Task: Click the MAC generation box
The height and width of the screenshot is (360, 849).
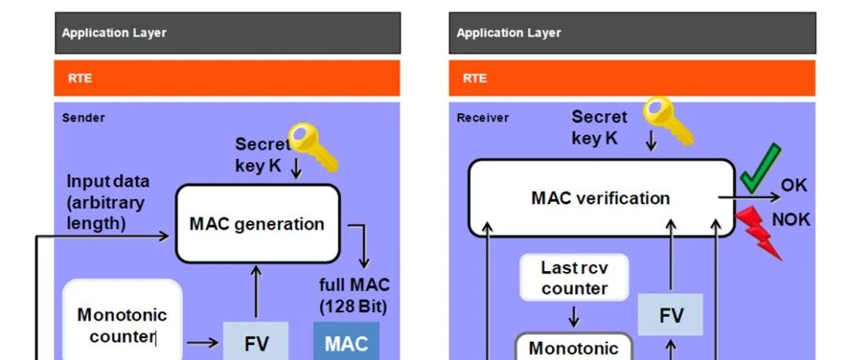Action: [x=258, y=223]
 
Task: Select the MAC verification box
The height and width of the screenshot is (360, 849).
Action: [x=601, y=197]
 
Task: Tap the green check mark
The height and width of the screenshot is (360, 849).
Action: [x=759, y=168]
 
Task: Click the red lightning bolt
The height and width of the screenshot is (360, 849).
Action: [x=759, y=233]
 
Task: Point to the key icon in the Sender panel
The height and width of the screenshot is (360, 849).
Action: [x=312, y=146]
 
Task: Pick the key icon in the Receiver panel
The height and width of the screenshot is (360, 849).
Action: [x=667, y=121]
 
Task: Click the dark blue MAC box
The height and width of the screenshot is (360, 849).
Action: [x=347, y=342]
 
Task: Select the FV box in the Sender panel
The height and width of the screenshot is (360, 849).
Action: [x=255, y=342]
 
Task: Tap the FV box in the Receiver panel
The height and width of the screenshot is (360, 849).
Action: [x=671, y=314]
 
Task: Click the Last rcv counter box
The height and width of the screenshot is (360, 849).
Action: [x=574, y=277]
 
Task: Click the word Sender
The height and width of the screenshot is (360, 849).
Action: [x=83, y=117]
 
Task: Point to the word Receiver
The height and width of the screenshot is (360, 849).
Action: [x=483, y=117]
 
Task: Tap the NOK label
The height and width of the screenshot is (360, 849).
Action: [x=791, y=219]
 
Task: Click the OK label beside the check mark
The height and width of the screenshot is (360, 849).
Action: [x=794, y=186]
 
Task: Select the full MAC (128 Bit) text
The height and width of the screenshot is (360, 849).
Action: [x=354, y=296]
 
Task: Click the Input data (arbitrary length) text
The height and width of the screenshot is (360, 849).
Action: [x=107, y=202]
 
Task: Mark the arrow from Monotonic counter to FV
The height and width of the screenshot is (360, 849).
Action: [x=203, y=343]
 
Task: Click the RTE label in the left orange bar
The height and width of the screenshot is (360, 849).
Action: [x=79, y=78]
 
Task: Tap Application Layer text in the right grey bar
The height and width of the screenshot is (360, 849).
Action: [x=509, y=32]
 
